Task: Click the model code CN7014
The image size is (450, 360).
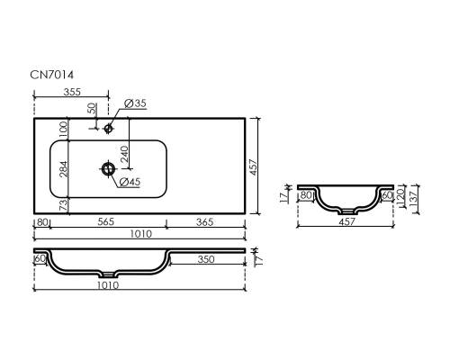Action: click(x=51, y=75)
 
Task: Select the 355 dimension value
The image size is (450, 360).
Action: click(x=72, y=92)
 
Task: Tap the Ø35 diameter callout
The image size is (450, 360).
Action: click(x=135, y=103)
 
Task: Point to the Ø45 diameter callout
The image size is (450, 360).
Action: click(x=130, y=182)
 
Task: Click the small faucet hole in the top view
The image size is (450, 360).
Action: click(x=108, y=129)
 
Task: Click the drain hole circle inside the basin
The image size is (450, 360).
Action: click(x=108, y=168)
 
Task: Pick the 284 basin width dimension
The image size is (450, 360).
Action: click(x=64, y=169)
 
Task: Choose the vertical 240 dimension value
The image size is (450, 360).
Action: click(x=124, y=154)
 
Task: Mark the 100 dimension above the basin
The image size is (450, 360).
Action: click(x=64, y=129)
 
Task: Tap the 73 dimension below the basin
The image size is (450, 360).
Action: click(x=64, y=206)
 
